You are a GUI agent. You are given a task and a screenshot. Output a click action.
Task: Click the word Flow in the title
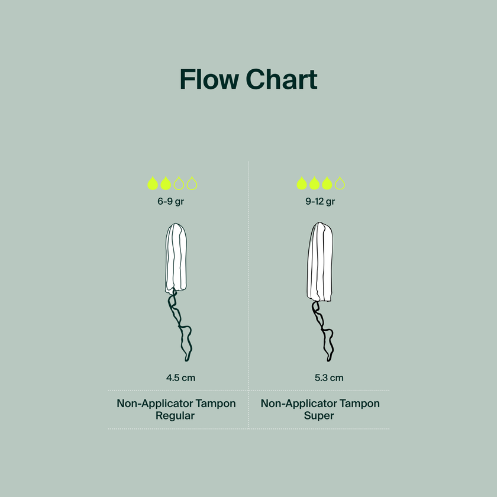(209, 79)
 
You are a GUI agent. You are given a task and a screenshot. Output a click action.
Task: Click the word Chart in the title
(282, 79)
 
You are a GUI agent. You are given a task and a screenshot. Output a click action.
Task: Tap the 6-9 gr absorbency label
(170, 202)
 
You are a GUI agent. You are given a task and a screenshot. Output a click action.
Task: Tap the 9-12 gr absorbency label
(320, 202)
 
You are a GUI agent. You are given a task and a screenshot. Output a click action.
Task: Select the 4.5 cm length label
(180, 378)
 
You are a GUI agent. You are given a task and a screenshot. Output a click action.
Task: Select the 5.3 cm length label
(329, 378)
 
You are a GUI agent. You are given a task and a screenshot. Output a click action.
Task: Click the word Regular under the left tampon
(175, 416)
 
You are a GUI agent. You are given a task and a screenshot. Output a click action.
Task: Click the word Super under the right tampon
(319, 416)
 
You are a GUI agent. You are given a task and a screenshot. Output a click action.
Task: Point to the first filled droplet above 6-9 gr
(153, 183)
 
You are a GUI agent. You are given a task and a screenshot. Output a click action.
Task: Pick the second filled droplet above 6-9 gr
(166, 183)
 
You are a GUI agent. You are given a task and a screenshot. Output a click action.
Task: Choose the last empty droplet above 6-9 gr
(192, 183)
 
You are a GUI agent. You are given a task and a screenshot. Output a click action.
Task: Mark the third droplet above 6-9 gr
(179, 183)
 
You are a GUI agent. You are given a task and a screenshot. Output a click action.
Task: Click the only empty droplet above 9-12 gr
(340, 183)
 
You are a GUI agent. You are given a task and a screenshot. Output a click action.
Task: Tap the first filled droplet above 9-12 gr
(302, 183)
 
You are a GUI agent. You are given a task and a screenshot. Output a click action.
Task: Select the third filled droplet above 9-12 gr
(327, 183)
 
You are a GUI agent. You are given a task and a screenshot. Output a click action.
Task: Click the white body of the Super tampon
(320, 262)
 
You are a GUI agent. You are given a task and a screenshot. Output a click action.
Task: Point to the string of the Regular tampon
(180, 326)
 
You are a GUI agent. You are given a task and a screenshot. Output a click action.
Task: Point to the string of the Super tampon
(322, 331)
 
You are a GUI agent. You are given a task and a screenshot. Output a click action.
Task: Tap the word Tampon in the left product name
(215, 404)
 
